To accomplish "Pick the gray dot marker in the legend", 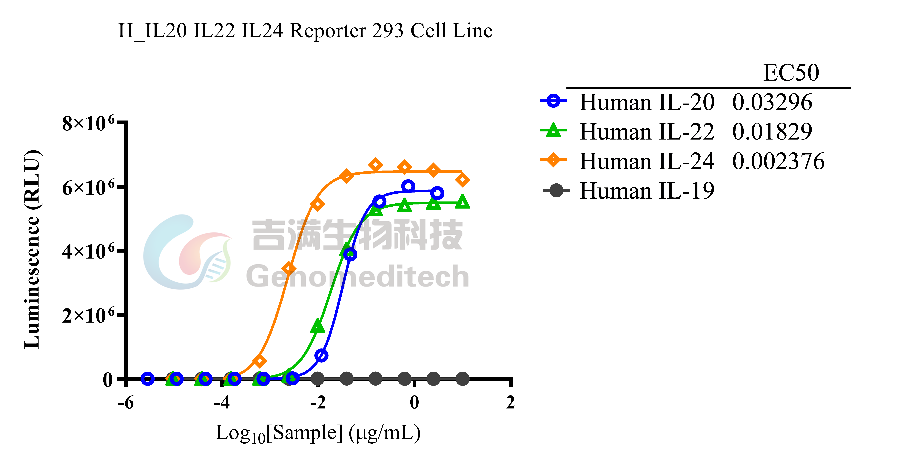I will click(556, 190).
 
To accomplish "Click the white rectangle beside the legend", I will click(808, 190).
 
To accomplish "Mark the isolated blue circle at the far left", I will click(147, 378).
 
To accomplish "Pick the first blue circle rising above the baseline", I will click(321, 355).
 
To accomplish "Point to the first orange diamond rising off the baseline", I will click(259, 361).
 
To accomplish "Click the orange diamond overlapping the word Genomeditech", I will click(289, 268).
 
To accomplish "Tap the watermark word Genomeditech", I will click(358, 276).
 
